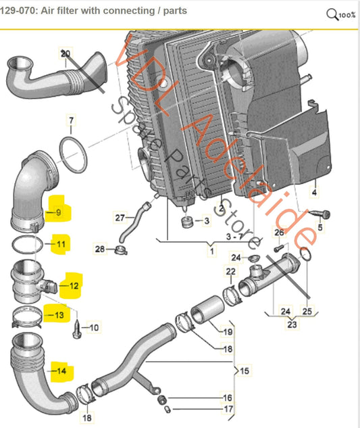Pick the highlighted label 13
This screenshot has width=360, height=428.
[59, 314]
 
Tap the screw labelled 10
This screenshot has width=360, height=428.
[78, 327]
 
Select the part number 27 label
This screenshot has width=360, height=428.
[120, 217]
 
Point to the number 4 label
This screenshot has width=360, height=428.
[313, 193]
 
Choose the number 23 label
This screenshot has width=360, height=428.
[290, 323]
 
